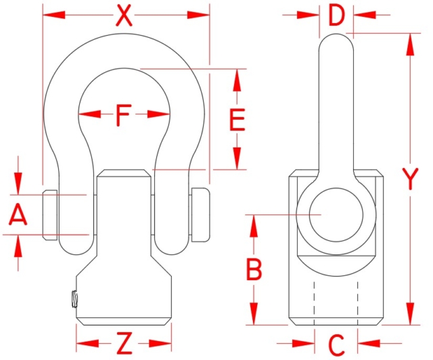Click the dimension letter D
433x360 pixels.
(x=336, y=14)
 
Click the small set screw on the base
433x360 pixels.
(x=70, y=298)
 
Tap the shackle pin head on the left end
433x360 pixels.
(x=50, y=215)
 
